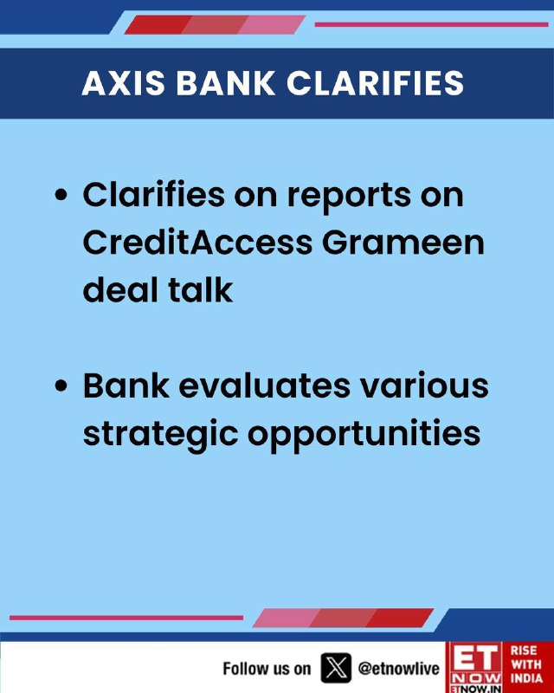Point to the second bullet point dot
click(x=61, y=385)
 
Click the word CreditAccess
click(x=197, y=243)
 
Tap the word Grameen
click(x=403, y=243)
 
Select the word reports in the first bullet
click(x=349, y=197)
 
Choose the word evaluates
click(x=264, y=385)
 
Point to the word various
click(x=424, y=385)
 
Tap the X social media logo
click(x=336, y=668)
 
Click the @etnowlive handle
click(x=398, y=668)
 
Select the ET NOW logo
click(x=475, y=667)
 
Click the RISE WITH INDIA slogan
click(x=526, y=664)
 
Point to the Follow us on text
click(x=267, y=669)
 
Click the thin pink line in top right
click(x=432, y=24)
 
